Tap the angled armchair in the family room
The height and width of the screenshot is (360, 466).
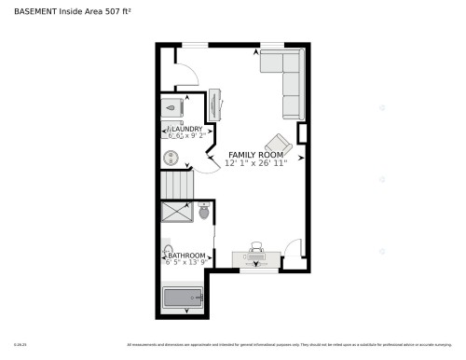[x=278, y=145]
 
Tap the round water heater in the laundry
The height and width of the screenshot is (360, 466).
[x=171, y=158]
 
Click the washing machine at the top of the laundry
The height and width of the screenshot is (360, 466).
[x=173, y=106]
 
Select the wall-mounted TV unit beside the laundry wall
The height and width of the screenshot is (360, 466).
[x=214, y=104]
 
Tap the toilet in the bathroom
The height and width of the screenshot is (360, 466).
[x=203, y=213]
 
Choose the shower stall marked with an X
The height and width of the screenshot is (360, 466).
[x=177, y=213]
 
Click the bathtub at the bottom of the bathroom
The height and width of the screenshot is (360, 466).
[x=183, y=298]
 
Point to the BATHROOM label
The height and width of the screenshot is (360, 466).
[x=186, y=255]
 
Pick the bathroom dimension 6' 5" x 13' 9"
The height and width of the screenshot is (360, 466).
[x=186, y=263]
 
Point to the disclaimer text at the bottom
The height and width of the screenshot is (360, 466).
[x=289, y=345]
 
